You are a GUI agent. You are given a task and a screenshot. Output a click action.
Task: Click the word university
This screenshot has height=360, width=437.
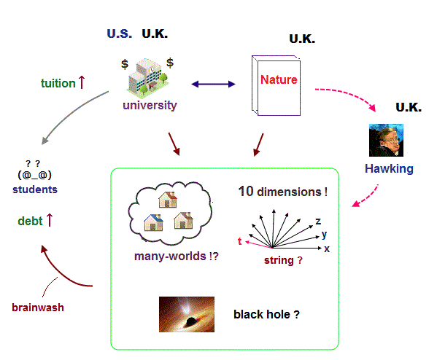pos(150,105)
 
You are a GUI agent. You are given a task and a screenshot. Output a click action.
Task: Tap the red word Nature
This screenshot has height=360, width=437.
pos(279,79)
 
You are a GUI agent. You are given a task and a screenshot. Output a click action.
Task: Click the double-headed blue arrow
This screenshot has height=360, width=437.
pos(213,84)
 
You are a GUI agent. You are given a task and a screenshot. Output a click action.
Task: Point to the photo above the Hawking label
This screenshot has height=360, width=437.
pos(386,140)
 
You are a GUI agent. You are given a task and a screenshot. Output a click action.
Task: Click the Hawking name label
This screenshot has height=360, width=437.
pos(389,169)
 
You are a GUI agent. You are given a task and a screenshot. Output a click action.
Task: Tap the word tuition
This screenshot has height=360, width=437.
pos(58,83)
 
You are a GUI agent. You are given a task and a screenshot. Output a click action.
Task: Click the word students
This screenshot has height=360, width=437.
pos(35,189)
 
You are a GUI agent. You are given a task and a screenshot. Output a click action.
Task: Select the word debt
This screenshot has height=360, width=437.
pos(30,221)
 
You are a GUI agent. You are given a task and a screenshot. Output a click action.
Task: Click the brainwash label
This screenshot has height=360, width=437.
pos(38,308)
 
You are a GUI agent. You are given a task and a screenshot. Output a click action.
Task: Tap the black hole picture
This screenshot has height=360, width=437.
pos(187,314)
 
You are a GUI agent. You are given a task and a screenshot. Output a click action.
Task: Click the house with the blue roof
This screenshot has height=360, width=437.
pos(153,222)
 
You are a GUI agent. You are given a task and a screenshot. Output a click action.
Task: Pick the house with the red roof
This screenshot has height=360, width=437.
pos(168,200)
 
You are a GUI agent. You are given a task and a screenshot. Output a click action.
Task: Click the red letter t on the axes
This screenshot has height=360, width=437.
pos(239,241)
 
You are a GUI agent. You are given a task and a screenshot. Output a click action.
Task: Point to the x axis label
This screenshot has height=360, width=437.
pos(327,249)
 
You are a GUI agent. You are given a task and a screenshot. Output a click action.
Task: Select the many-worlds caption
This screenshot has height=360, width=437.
pos(177,256)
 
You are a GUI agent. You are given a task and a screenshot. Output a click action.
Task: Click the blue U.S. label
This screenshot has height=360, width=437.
pos(120,34)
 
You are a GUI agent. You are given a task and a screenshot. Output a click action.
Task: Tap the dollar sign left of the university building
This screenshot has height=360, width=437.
pos(125,64)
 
